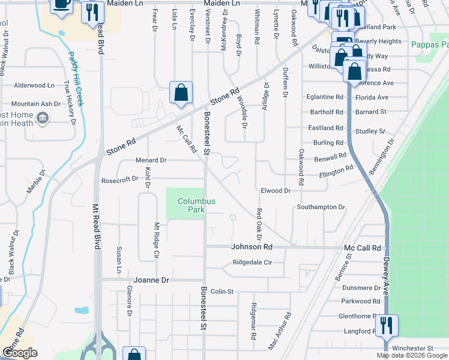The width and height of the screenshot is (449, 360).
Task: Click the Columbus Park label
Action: (x=196, y=206)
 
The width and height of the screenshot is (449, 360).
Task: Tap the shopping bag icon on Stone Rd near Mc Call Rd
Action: (x=181, y=93)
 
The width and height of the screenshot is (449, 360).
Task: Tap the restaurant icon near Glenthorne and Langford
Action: (x=385, y=326)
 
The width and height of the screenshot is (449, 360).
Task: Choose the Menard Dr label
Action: (x=150, y=160)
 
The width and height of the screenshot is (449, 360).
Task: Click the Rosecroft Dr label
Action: (x=120, y=179)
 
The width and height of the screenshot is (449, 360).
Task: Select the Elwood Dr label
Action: (x=276, y=190)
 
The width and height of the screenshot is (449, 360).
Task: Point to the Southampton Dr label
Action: (x=321, y=207)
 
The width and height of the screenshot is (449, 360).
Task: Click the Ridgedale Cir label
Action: (x=252, y=263)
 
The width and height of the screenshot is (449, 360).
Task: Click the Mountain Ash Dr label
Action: (x=36, y=103)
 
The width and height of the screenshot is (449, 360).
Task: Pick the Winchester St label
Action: (x=412, y=348)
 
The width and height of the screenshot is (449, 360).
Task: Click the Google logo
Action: (x=20, y=353)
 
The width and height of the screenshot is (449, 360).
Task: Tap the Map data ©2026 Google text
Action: (x=411, y=356)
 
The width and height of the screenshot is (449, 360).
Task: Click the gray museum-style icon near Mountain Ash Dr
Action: (x=42, y=118)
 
